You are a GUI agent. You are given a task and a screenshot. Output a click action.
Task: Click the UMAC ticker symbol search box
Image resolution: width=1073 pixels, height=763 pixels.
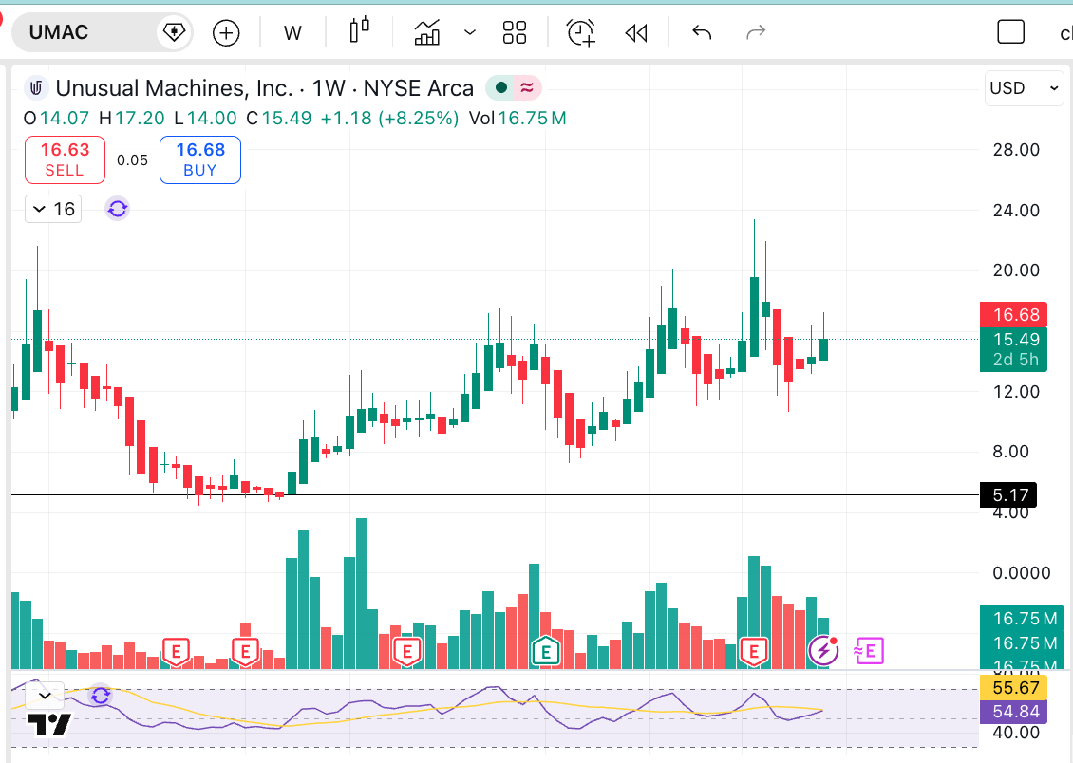[85, 32]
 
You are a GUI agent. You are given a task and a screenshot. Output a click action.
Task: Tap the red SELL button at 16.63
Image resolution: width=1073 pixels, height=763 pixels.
[65, 159]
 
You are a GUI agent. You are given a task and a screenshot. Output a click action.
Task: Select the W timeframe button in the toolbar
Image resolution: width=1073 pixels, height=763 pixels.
[292, 33]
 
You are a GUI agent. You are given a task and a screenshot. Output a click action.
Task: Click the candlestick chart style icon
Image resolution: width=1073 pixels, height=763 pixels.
[359, 31]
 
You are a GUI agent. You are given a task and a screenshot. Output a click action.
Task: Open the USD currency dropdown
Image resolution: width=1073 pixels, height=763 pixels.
[1024, 88]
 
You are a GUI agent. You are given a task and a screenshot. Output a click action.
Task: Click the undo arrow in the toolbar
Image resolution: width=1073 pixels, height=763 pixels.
[702, 33]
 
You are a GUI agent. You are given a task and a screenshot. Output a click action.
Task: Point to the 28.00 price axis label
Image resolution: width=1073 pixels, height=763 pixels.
[1016, 149]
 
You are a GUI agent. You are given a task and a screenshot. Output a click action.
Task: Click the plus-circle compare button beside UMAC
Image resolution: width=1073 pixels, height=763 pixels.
[226, 33]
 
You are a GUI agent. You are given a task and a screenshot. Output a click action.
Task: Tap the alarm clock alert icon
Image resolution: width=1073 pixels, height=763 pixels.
[580, 33]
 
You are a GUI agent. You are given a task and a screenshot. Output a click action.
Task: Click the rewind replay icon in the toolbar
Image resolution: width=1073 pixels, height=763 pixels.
[635, 33]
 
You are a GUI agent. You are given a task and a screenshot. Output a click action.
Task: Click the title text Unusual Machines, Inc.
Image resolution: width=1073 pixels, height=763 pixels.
[174, 88]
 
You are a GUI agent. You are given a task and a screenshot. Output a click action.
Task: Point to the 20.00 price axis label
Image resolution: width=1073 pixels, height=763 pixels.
[1016, 270]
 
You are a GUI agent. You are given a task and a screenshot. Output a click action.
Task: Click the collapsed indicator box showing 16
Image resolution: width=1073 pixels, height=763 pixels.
[53, 209]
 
